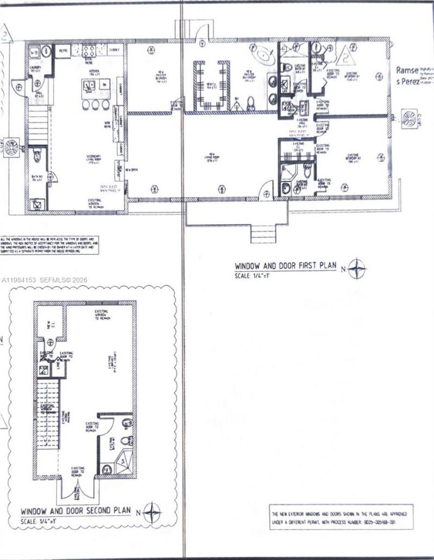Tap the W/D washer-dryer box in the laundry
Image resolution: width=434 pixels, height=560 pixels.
pyautogui.click(x=33, y=52)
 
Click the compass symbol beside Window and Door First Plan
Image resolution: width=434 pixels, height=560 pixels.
pyautogui.click(x=356, y=268)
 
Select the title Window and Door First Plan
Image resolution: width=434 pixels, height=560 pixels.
pyautogui.click(x=285, y=266)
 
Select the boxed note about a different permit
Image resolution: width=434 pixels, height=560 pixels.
pyautogui.click(x=341, y=517)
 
